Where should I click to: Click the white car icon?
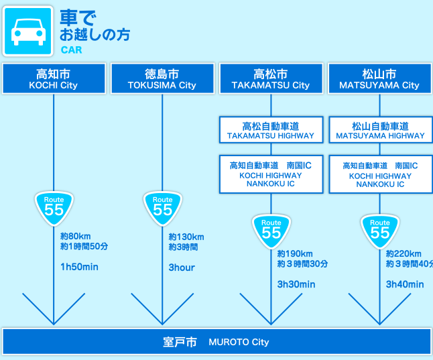(27, 31)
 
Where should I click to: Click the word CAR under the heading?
(71, 50)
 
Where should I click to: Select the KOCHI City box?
(54, 79)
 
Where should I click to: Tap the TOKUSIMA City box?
(162, 79)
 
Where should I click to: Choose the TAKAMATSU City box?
(271, 79)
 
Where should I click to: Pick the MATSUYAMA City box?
(379, 79)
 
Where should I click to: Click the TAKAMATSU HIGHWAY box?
(271, 130)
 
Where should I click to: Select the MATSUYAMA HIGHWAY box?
(380, 130)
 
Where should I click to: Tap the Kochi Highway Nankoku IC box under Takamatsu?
(271, 174)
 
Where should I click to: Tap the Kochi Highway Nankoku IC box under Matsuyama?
(380, 174)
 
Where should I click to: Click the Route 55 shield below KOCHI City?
(54, 208)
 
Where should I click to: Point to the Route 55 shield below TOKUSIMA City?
(162, 208)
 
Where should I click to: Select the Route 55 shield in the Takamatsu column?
(271, 231)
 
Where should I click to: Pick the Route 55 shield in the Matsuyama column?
(379, 231)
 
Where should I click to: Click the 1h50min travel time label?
(79, 267)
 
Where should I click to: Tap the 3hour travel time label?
(182, 267)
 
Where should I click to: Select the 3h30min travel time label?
(296, 284)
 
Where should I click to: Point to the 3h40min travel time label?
(405, 284)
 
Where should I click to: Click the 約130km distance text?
(186, 237)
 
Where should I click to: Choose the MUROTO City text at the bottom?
(238, 342)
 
